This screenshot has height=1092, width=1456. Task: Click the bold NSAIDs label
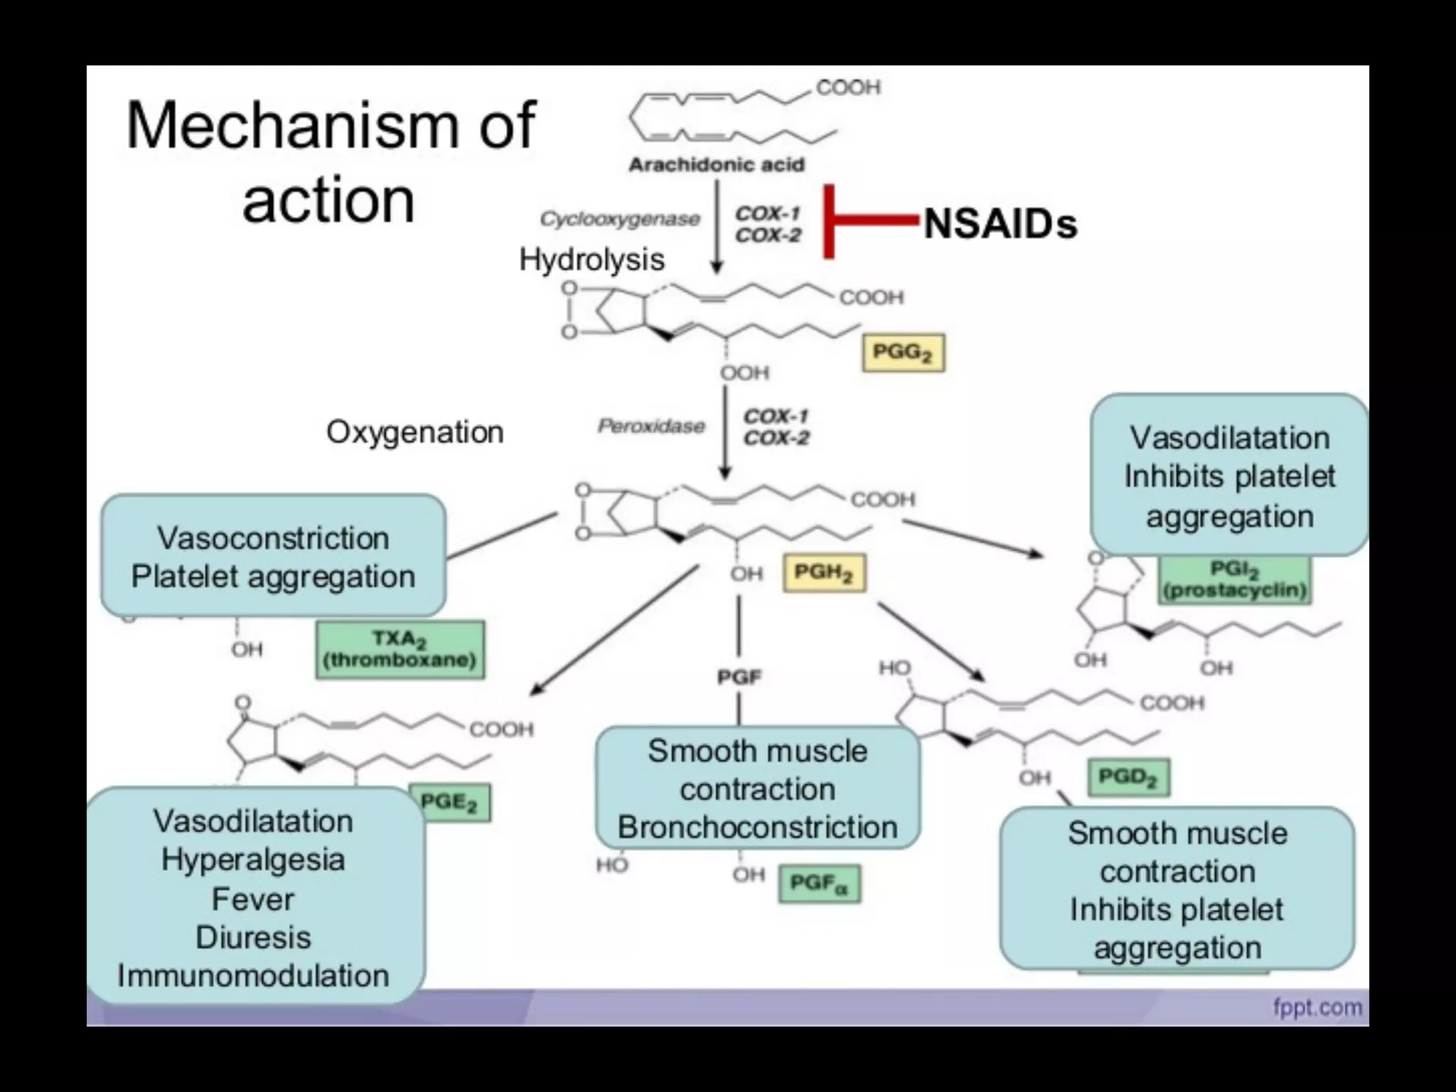click(x=1000, y=224)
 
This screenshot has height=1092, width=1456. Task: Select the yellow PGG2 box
click(x=903, y=353)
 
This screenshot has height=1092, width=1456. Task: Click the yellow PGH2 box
click(x=824, y=573)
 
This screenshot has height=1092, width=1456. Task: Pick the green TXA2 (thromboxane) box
click(x=400, y=650)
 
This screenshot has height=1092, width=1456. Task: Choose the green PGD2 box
click(x=1128, y=777)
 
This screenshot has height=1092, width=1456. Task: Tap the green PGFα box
click(x=819, y=884)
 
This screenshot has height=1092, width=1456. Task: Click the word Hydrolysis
click(x=591, y=259)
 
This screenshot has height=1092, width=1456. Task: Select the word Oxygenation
click(x=414, y=432)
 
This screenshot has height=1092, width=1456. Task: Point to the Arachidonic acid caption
click(x=716, y=165)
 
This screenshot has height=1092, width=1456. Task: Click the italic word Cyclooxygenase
click(x=619, y=219)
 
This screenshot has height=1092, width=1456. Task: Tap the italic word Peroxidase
click(x=651, y=426)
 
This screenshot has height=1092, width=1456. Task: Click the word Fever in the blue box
click(x=252, y=899)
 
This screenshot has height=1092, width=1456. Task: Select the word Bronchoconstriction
click(x=757, y=828)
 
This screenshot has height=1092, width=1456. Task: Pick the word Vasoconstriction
click(x=273, y=538)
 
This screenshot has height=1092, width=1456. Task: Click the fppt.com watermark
click(x=1317, y=1007)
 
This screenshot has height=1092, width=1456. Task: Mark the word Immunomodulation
click(x=253, y=975)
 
